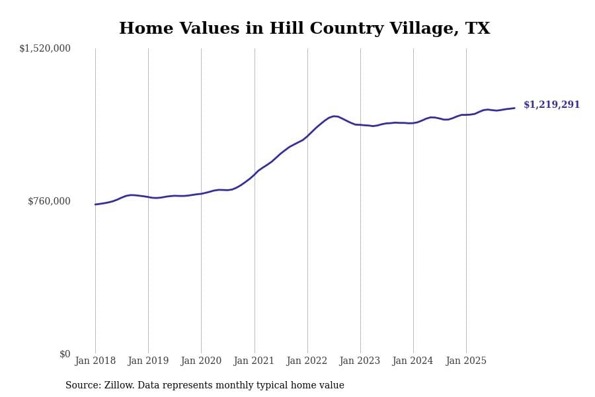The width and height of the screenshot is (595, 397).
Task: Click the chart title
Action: [304, 29]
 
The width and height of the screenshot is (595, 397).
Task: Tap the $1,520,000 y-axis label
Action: [45, 48]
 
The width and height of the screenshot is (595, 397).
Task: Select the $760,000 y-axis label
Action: [49, 201]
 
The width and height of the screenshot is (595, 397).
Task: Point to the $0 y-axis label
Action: [65, 354]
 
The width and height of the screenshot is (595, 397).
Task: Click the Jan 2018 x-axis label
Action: [95, 361]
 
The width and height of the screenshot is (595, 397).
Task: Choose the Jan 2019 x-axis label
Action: [148, 361]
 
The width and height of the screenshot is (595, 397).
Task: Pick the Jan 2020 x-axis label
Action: [201, 361]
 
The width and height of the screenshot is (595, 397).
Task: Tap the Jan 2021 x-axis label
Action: [255, 361]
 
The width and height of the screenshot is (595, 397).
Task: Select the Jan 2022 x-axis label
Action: [307, 361]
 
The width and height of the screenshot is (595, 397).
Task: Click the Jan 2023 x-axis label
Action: [360, 361]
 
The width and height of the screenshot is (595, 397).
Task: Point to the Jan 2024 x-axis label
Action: [413, 361]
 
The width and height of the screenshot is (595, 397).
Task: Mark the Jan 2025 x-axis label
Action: [466, 361]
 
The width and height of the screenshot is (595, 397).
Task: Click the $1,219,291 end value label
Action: [552, 105]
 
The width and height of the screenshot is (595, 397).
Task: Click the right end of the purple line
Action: [514, 108]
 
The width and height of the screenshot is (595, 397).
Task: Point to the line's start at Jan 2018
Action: [95, 204]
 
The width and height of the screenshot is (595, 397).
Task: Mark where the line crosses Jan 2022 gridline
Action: [307, 135]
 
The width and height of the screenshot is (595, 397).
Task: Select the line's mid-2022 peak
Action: [335, 116]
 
